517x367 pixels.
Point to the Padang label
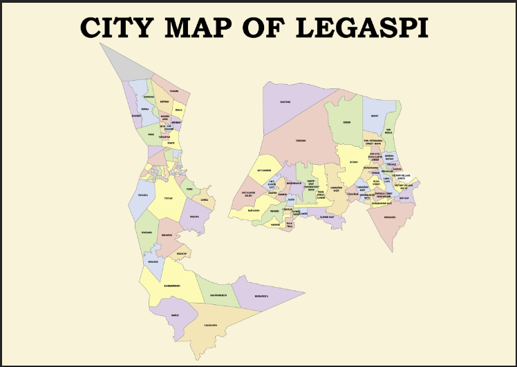175,90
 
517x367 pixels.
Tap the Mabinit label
136,116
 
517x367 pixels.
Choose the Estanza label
143,195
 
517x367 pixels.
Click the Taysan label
168,198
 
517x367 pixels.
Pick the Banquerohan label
172,285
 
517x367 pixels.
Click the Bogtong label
284,103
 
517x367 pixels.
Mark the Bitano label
353,161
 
